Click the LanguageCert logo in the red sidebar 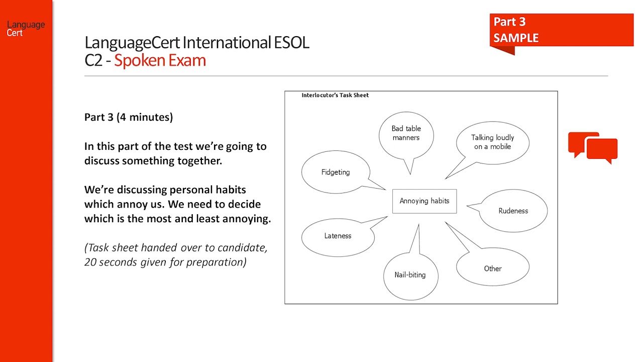coord(26,28)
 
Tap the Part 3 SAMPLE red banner coord(561,30)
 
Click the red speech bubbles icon coord(593,148)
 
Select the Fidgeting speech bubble coord(336,172)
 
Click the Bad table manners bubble coord(406,133)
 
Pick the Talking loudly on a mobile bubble coord(492,142)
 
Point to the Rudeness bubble coord(513,211)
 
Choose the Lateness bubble coord(338,236)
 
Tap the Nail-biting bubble coord(410,275)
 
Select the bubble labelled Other coord(492,268)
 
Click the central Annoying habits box coord(424,201)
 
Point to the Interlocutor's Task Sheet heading coord(335,95)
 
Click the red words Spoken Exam coord(160,60)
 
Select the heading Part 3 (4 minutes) coord(129,117)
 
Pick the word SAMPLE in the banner coord(516,38)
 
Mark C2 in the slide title coord(94,60)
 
